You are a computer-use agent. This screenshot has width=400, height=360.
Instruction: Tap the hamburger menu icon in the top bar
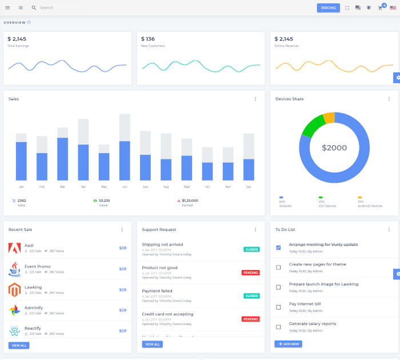pyautogui.click(x=7, y=8)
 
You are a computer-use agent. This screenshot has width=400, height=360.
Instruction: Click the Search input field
pyautogui.click(x=57, y=8)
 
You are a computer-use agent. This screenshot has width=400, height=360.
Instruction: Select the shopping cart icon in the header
pyautogui.click(x=380, y=8)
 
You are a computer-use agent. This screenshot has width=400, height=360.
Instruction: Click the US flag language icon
pyautogui.click(x=393, y=8)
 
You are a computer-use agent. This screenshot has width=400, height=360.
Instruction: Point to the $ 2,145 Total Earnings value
pyautogui.click(x=17, y=39)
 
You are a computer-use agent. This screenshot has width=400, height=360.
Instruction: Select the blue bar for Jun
pyautogui.click(x=125, y=161)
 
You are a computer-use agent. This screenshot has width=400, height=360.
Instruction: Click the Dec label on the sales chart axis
pyautogui.click(x=249, y=187)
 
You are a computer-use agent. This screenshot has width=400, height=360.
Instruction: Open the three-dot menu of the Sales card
pyautogui.click(x=255, y=99)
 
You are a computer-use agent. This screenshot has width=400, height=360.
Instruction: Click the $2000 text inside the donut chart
pyautogui.click(x=334, y=147)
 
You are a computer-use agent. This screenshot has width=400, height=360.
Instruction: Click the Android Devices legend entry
pyautogui.click(x=370, y=206)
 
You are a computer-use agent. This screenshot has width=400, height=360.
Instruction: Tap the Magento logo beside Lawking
pyautogui.click(x=15, y=290)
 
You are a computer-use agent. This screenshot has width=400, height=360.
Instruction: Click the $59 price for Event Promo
pyautogui.click(x=122, y=269)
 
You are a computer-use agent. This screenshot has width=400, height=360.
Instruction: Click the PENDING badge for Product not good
pyautogui.click(x=250, y=273)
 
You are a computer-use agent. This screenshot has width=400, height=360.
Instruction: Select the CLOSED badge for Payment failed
pyautogui.click(x=251, y=296)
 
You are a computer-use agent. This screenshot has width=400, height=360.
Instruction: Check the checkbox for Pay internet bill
pyautogui.click(x=278, y=307)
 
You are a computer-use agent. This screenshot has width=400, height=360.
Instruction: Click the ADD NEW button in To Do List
pyautogui.click(x=288, y=344)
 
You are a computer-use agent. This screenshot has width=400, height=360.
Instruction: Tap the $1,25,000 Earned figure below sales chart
pyautogui.click(x=190, y=201)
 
